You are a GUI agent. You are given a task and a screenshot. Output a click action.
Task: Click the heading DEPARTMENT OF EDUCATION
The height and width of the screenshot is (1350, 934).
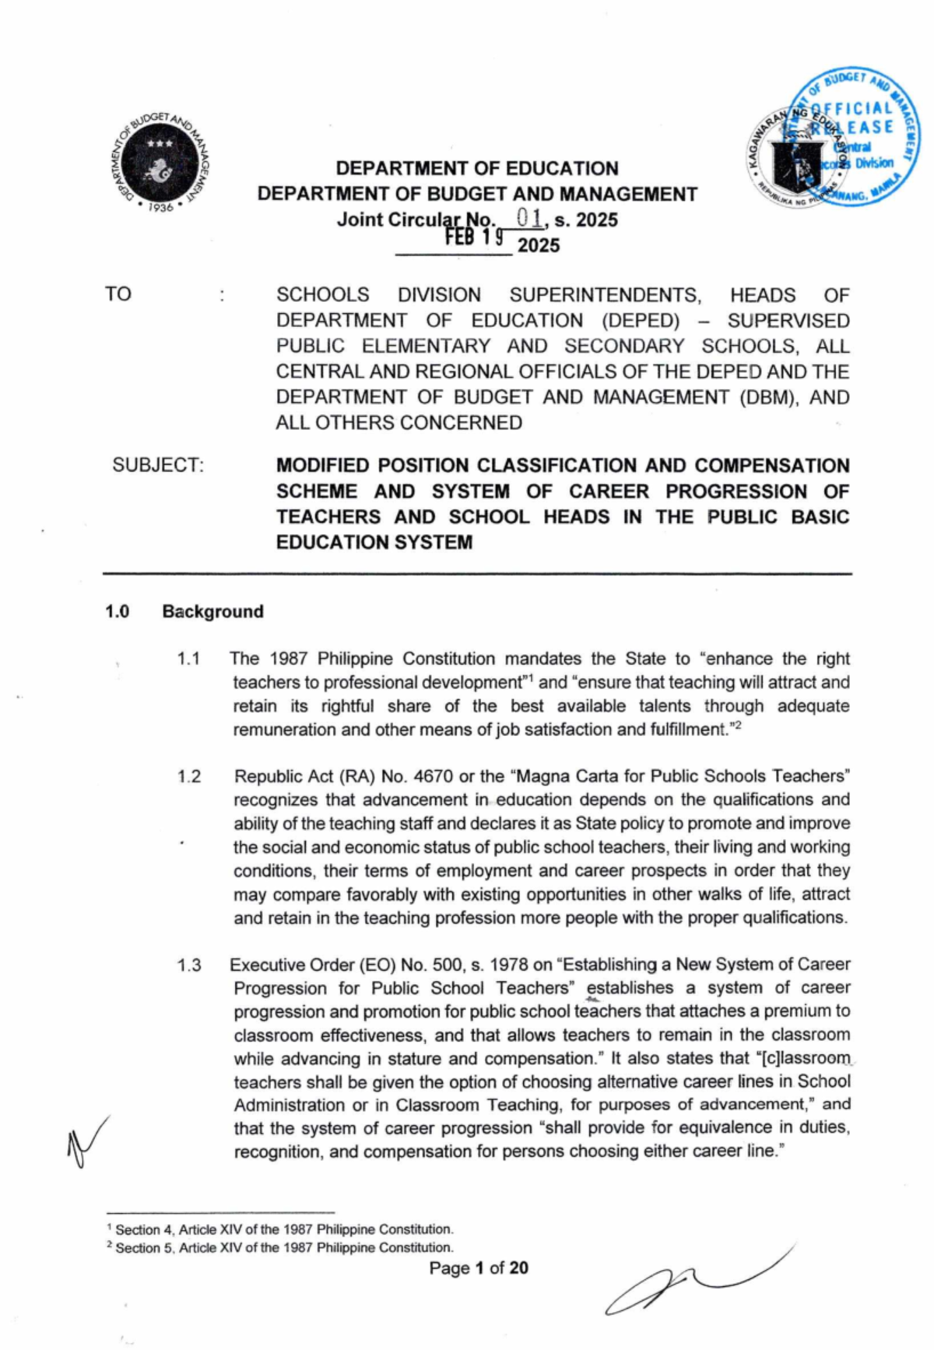click(x=476, y=168)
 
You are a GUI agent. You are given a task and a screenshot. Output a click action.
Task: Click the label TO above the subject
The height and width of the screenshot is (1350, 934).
click(x=118, y=294)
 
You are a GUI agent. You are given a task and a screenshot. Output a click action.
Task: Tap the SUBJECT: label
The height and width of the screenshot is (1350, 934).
click(x=158, y=465)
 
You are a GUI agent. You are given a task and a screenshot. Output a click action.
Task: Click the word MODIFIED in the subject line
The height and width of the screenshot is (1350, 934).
click(x=322, y=466)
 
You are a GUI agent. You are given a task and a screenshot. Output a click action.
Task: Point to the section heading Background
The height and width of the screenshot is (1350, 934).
click(x=212, y=611)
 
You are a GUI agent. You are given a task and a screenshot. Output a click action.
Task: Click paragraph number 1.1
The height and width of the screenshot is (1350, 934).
click(x=188, y=659)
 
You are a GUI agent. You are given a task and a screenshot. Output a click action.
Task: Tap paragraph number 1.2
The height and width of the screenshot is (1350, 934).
click(x=188, y=776)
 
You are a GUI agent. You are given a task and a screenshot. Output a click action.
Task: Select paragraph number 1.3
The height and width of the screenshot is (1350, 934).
click(x=188, y=965)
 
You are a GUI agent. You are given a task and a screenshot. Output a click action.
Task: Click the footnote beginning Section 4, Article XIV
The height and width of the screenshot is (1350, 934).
click(x=284, y=1229)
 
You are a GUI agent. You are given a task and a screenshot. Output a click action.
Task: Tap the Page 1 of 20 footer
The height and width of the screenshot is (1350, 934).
click(x=478, y=1267)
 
